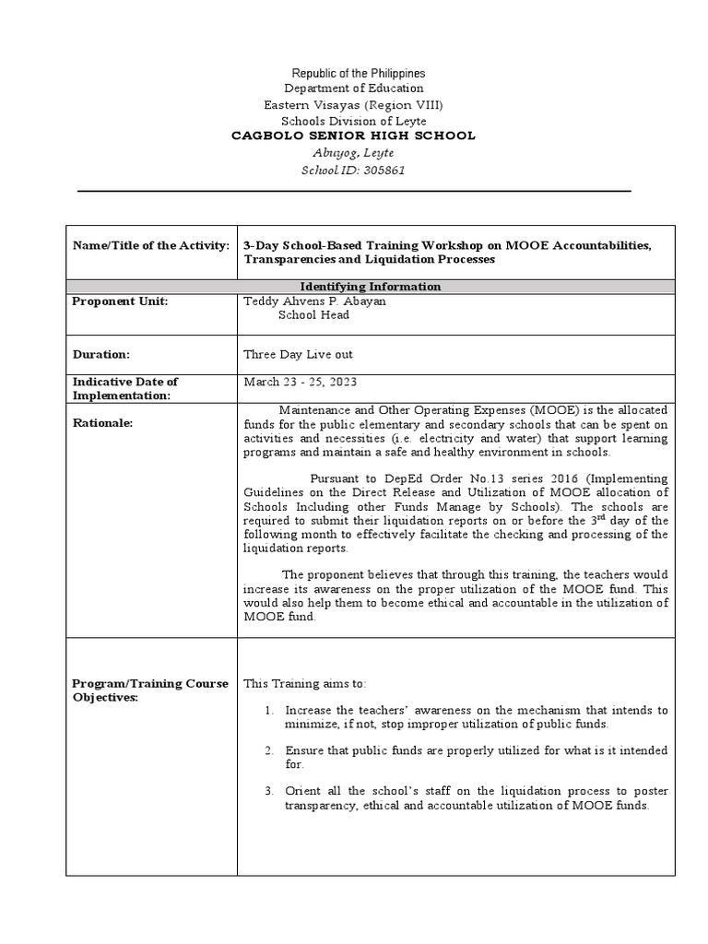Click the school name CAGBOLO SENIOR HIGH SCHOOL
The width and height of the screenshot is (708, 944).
[x=353, y=136]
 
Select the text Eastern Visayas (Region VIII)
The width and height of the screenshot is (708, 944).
[x=354, y=104]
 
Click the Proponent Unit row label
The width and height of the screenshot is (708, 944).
[x=121, y=301]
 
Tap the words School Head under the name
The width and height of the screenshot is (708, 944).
[x=313, y=315]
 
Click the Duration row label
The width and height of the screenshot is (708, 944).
[x=101, y=354]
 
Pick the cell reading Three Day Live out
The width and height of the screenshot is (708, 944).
[x=298, y=354]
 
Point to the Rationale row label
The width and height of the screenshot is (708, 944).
[x=103, y=423]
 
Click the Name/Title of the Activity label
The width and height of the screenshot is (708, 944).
[x=150, y=245]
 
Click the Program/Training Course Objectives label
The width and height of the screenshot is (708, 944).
[x=150, y=690]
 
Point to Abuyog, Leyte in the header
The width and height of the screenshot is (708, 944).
[x=354, y=154]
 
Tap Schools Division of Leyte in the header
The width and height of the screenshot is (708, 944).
[x=354, y=121]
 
